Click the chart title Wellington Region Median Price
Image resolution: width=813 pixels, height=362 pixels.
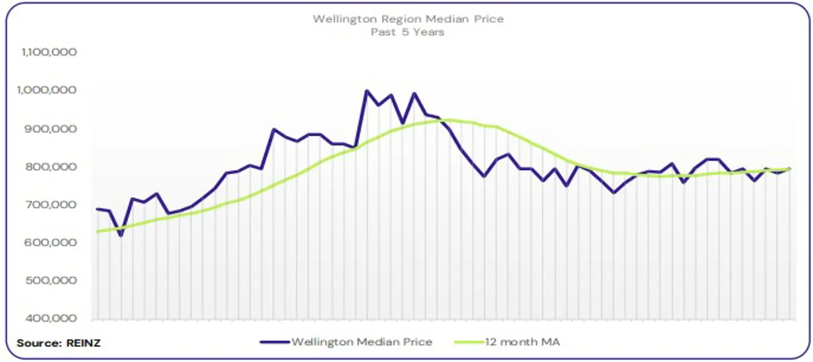(x=408, y=19)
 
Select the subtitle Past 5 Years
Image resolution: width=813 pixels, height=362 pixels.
(x=407, y=31)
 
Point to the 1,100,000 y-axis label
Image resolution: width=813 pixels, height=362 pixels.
(x=49, y=52)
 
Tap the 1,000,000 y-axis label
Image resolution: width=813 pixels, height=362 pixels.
(x=49, y=90)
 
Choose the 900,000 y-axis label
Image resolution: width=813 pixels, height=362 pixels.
(x=51, y=129)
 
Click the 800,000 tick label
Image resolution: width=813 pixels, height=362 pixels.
(x=51, y=167)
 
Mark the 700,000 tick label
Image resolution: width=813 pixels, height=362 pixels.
(x=51, y=205)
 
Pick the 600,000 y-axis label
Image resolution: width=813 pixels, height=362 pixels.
(x=51, y=243)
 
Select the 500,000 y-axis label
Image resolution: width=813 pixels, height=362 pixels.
(x=51, y=281)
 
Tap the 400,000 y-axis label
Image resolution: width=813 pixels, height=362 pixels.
(x=51, y=319)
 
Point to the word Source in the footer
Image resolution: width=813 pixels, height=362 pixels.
(x=38, y=343)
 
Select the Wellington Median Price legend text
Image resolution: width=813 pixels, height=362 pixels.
(x=362, y=342)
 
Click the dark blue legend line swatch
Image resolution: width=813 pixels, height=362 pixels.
(x=275, y=342)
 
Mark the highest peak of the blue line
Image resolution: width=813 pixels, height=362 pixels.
(x=366, y=91)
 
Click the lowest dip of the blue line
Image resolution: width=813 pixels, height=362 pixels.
(x=121, y=235)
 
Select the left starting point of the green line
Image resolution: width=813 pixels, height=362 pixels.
(x=97, y=231)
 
